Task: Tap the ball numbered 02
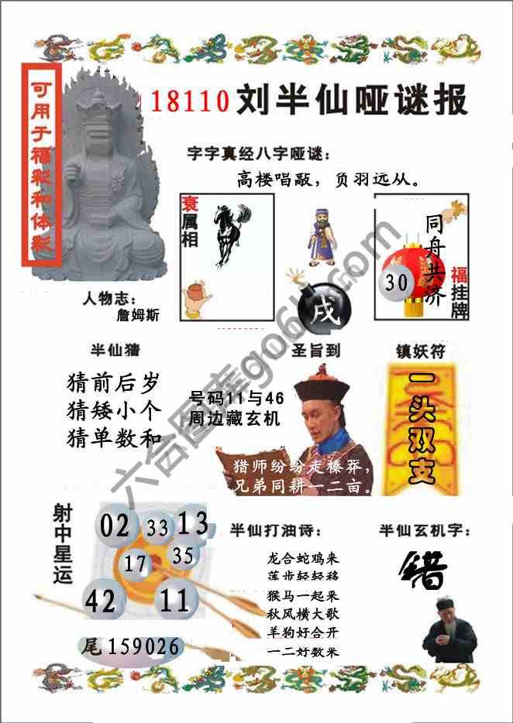115,526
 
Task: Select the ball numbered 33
157,528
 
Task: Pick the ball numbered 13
192,524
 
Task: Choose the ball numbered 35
183,555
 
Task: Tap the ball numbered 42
101,601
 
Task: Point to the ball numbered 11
176,598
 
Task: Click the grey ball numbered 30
396,283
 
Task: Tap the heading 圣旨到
316,350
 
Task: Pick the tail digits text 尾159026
132,646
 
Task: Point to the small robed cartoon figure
320,236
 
